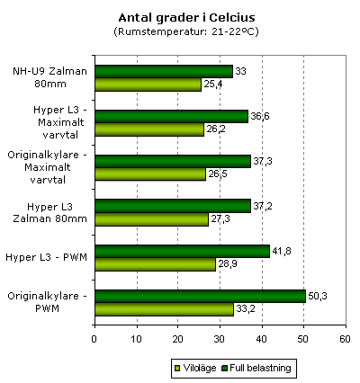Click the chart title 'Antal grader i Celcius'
[x=186, y=18]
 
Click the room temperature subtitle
[x=186, y=31]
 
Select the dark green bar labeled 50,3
[x=201, y=296]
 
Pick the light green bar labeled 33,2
[x=165, y=309]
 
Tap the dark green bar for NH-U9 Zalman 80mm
[x=164, y=71]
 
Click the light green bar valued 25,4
[x=148, y=85]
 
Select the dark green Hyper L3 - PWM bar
[x=183, y=251]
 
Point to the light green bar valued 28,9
[x=156, y=264]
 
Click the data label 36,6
[x=260, y=116]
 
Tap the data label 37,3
[x=263, y=161]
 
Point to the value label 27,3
[x=220, y=219]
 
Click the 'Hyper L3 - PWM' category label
[x=47, y=257]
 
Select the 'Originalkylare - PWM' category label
[x=47, y=302]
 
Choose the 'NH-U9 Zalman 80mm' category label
[x=49, y=77]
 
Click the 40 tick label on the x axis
[x=262, y=339]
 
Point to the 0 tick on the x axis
[x=94, y=339]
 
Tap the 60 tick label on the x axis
[x=346, y=339]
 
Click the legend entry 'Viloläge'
[x=195, y=368]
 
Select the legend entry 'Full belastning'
[x=256, y=368]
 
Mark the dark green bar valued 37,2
[x=173, y=206]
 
